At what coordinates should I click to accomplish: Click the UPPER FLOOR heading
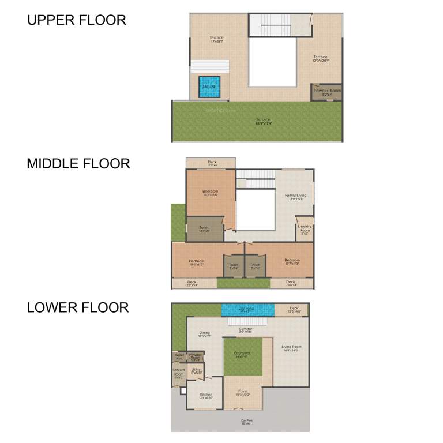coord(76,20)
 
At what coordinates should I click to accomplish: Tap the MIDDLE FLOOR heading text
coord(78,163)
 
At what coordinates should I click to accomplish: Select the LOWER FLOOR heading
coord(78,307)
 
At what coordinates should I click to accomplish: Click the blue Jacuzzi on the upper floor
coord(209,87)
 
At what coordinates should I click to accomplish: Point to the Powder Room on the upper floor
coord(327,92)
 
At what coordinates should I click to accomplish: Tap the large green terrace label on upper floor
coord(263,121)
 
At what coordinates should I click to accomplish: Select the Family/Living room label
coord(295,197)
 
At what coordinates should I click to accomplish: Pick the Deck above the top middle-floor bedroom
coord(212,163)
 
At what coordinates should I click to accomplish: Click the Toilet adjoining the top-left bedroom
coord(204,229)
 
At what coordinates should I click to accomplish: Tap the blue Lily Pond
coord(246,310)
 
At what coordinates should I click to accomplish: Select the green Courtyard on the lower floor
coord(242,355)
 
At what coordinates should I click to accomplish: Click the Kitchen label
coord(206,396)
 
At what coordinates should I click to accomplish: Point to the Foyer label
coord(243,392)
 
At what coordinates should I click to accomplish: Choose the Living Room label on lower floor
coord(291,348)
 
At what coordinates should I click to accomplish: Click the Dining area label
coord(204,334)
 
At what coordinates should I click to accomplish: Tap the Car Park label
coord(246,421)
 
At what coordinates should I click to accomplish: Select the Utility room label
coord(196,371)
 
